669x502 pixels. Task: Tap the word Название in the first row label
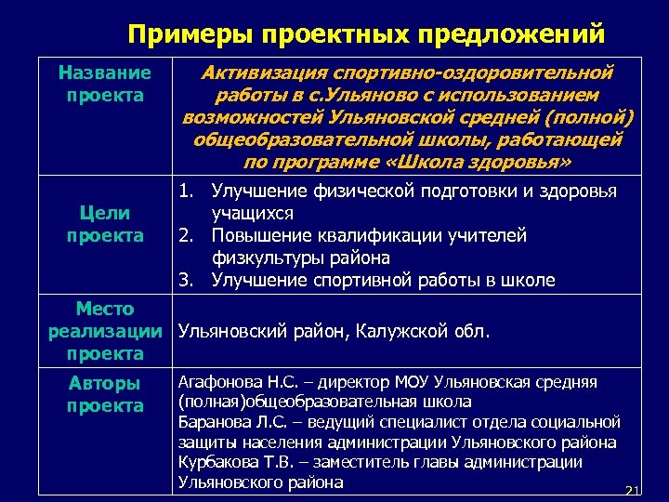point(104,73)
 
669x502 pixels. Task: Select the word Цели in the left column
point(104,213)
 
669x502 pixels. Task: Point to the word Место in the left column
point(105,309)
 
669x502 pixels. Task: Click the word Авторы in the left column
point(105,383)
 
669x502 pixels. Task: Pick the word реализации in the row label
point(105,331)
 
